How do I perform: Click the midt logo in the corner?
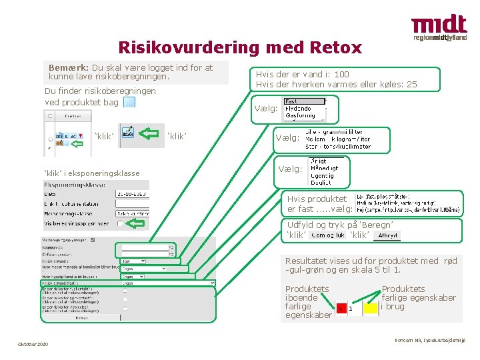pyautogui.click(x=439, y=29)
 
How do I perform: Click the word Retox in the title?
pyautogui.click(x=336, y=47)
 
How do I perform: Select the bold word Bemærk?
pyautogui.click(x=69, y=67)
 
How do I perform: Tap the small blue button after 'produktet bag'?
pyautogui.click(x=129, y=102)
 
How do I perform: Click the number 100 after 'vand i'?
pyautogui.click(x=341, y=75)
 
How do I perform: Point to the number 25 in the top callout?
pyautogui.click(x=411, y=84)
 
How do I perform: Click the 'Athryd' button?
pyautogui.click(x=387, y=235)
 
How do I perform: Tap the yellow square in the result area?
pyautogui.click(x=371, y=308)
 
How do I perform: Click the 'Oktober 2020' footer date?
pyautogui.click(x=33, y=344)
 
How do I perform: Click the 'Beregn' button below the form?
pyautogui.click(x=81, y=318)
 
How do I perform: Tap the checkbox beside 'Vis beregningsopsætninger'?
pyautogui.click(x=119, y=223)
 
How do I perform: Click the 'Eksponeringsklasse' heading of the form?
pyautogui.click(x=74, y=183)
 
